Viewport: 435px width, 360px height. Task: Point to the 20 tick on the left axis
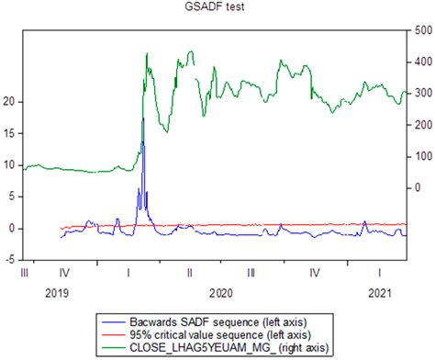10,102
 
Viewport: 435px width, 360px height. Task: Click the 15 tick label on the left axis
10,134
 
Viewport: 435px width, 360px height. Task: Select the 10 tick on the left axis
10,165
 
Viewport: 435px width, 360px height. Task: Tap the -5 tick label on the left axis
10,260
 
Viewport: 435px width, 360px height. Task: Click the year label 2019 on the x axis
56,292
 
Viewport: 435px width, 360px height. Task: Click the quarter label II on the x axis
190,273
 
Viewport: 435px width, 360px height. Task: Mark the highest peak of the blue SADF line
143,118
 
